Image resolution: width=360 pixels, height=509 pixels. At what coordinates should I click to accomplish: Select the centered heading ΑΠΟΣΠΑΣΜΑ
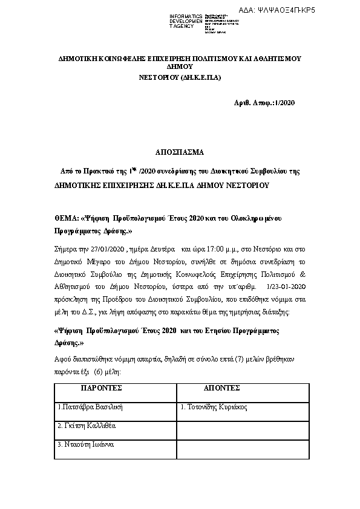[x=180, y=152]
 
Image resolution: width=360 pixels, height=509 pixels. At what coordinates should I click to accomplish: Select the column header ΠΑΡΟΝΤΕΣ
[x=102, y=387]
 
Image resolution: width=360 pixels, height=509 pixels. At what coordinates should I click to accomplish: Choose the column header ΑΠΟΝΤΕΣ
[x=222, y=387]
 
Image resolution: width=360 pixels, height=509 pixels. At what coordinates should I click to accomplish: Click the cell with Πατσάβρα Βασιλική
[x=91, y=407]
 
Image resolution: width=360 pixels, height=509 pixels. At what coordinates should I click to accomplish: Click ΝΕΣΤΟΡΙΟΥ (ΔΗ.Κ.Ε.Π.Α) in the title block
[x=180, y=78]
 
